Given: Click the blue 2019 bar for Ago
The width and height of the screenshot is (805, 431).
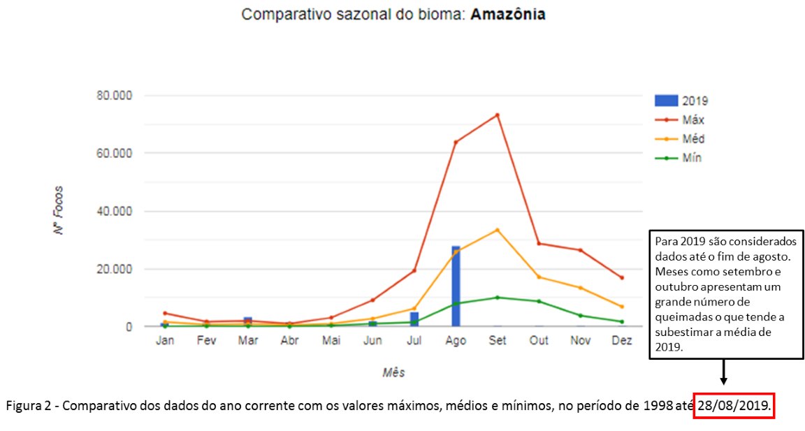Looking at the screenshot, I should coord(456,286).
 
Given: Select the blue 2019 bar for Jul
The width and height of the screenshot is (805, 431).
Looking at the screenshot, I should coord(414,319).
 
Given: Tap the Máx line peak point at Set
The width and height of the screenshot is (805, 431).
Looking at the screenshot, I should coord(498,115).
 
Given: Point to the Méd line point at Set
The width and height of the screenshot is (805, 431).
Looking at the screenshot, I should coord(498,230).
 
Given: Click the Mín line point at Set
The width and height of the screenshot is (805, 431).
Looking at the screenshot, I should coord(498,298).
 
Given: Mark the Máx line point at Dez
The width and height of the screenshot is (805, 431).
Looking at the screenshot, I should coord(622,278).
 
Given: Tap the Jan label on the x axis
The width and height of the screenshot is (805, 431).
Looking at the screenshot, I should coord(165,341).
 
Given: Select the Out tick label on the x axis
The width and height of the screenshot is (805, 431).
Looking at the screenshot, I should coord(539,341).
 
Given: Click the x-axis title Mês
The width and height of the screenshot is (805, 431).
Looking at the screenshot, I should coord(393,372).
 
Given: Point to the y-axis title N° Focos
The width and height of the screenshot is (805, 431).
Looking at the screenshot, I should coord(60,210).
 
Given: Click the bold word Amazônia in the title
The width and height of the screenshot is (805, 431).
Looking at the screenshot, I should coord(508,15).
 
